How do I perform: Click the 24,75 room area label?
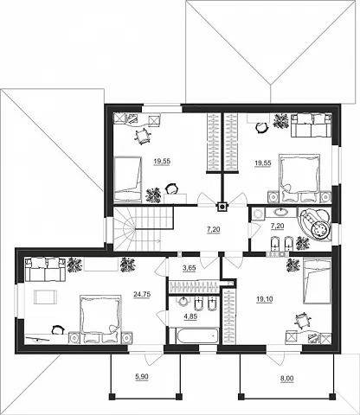point(142,294)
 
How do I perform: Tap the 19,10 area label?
point(265,299)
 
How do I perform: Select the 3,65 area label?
point(190,268)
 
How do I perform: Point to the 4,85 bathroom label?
point(190,316)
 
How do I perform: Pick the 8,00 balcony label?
point(286,379)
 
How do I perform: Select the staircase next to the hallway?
point(144,228)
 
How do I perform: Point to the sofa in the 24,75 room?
point(45,269)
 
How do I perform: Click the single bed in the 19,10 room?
point(316,281)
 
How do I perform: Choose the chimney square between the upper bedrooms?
point(222,206)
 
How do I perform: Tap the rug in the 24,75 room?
point(46,297)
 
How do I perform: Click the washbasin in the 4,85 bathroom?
point(183,302)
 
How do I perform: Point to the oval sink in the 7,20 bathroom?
point(280,213)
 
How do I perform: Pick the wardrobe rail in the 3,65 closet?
point(194,287)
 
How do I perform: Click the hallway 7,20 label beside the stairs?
point(214,230)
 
